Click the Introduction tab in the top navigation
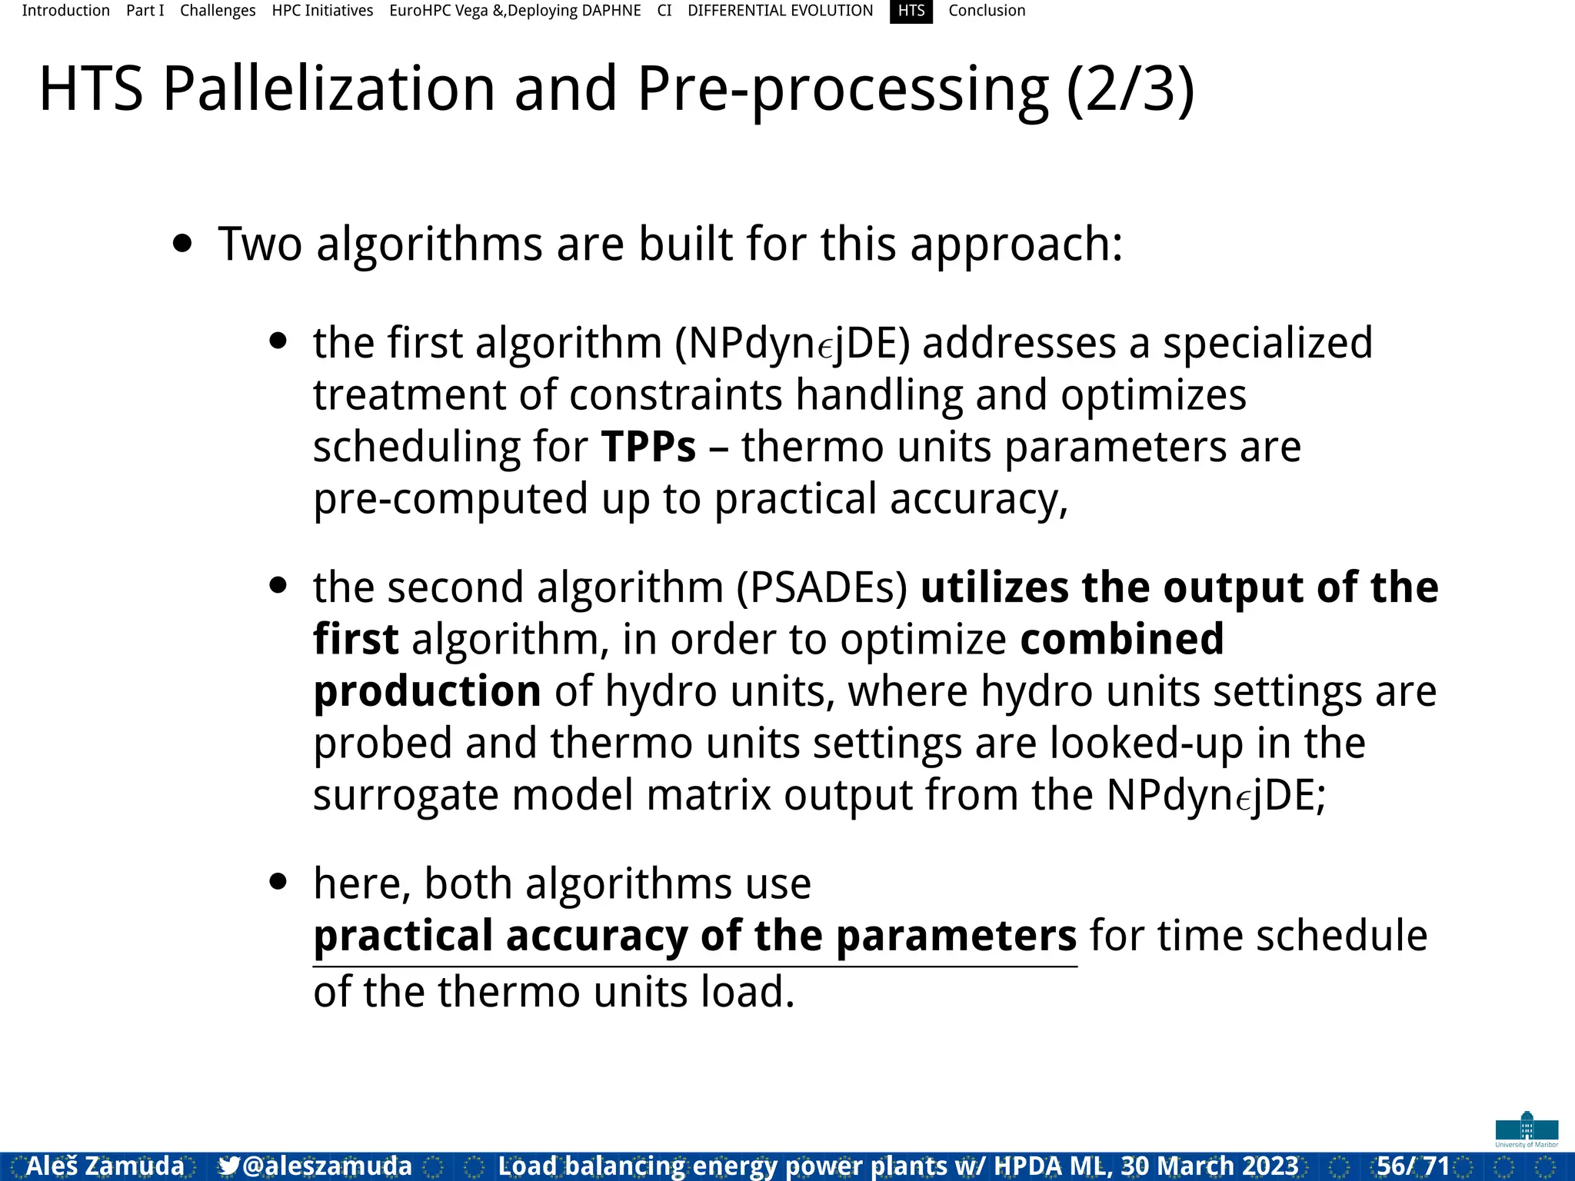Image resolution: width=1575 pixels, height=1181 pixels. (65, 11)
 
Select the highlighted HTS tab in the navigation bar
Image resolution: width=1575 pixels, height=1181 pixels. (911, 11)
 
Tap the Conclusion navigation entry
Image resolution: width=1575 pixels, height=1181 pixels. (987, 11)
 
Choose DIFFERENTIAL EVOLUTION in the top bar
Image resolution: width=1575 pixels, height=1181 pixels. (780, 11)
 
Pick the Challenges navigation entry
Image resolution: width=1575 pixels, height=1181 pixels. (218, 11)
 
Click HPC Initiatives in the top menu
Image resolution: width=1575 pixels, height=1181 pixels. (322, 11)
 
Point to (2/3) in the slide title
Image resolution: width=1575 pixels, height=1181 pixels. (1130, 89)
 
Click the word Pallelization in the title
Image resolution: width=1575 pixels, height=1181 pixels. (329, 89)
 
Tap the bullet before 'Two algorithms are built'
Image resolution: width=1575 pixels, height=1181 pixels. (182, 245)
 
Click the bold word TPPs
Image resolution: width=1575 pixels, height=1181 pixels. (648, 447)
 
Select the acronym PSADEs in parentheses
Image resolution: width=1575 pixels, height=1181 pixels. (822, 587)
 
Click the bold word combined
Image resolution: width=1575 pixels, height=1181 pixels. (1121, 639)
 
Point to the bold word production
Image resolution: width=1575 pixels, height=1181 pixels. (427, 690)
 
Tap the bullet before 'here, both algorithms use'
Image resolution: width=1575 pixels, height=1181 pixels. (278, 881)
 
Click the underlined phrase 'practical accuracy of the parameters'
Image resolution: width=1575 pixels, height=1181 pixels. (694, 936)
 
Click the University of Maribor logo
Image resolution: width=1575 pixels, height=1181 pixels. (1527, 1129)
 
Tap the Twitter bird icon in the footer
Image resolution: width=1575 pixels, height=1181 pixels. (228, 1166)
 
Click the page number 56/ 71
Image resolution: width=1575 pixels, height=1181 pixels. (1413, 1166)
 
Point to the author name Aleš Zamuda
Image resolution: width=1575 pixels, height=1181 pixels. (105, 1166)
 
